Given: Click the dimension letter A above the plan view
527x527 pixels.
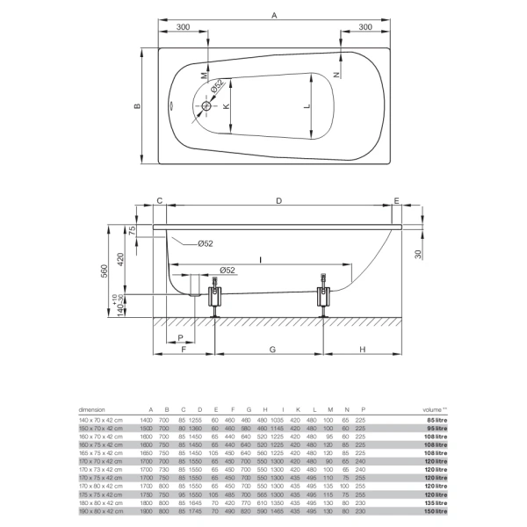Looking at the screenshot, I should point(274,15).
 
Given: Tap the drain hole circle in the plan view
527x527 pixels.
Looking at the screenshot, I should point(208,106).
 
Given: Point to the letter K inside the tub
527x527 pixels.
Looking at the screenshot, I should point(225,106).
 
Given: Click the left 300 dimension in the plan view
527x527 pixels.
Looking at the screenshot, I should point(183,28).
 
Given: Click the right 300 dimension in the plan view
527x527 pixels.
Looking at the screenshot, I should point(365,28).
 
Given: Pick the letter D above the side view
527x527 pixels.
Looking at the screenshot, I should point(278,202).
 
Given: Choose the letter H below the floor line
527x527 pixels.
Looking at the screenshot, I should point(362,350).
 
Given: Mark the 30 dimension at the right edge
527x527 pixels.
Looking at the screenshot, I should point(419,253).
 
